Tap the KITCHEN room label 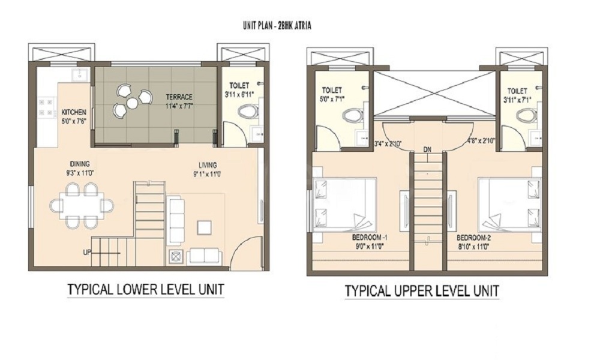[74, 112]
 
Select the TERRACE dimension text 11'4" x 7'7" [179, 106]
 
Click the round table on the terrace [131, 103]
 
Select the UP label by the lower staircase [88, 252]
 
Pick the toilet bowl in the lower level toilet [247, 111]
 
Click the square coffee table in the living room [205, 227]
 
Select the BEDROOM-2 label [475, 236]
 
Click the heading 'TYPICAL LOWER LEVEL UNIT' [145, 289]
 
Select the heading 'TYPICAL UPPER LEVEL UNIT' [422, 292]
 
